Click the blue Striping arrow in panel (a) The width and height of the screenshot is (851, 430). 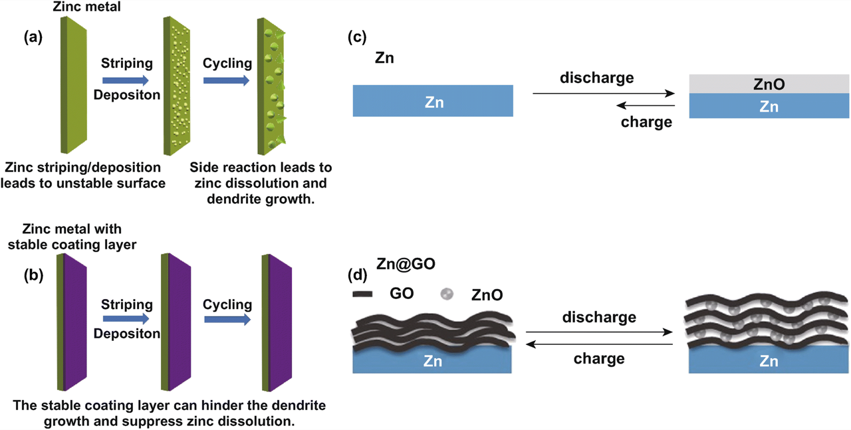point(126,80)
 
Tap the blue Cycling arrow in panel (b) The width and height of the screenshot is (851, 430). point(227,320)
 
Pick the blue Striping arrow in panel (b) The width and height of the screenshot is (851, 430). point(126,320)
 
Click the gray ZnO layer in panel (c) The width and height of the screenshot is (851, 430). point(769,84)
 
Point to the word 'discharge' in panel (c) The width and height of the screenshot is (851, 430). point(596,78)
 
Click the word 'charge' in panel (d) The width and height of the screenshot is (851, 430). point(598,359)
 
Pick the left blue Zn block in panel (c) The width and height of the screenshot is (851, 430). point(433,101)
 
